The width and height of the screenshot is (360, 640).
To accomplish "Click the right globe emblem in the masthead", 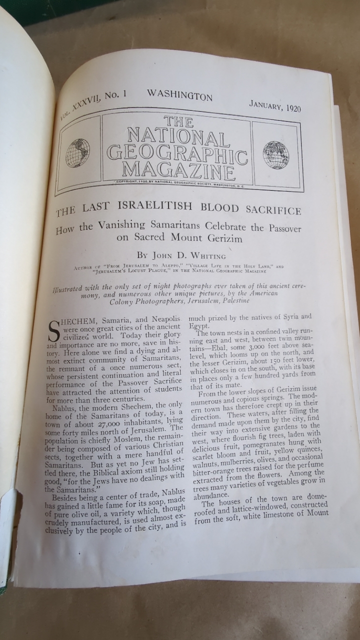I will coord(275,154).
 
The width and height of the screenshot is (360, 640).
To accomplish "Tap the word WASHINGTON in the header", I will coord(179,95).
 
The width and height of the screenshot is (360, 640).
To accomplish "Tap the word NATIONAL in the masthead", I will coord(178,136).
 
